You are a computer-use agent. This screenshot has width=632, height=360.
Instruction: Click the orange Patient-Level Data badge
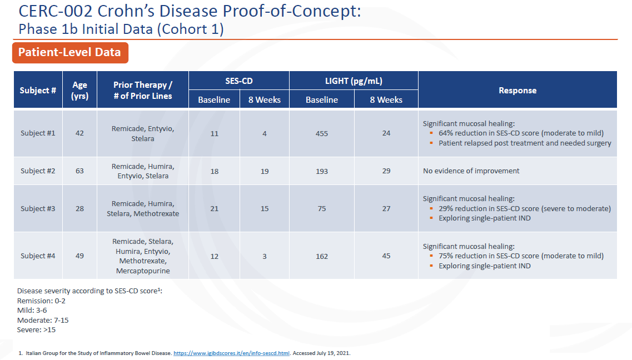(x=70, y=53)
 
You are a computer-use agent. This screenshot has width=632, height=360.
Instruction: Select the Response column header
(x=517, y=90)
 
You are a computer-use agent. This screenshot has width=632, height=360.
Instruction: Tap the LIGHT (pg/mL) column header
(x=354, y=81)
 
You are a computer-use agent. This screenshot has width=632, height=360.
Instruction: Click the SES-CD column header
(x=239, y=81)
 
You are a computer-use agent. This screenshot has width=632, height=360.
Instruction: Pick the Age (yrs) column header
(x=79, y=90)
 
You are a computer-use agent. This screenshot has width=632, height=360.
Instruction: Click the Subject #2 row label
(x=38, y=171)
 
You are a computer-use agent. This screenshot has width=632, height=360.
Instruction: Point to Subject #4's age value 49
(x=79, y=256)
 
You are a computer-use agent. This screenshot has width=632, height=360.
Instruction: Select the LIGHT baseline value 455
(x=321, y=133)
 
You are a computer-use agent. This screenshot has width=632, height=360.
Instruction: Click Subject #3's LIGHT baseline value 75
(x=321, y=209)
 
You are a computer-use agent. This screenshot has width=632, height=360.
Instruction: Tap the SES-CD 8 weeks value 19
(x=265, y=171)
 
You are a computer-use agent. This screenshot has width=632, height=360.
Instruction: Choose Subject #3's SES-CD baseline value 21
(x=215, y=209)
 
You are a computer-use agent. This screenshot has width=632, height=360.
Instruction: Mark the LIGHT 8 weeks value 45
(x=386, y=256)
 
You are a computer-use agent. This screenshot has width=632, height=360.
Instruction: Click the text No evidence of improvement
(x=471, y=171)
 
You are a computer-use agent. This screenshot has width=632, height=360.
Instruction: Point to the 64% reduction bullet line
(x=521, y=133)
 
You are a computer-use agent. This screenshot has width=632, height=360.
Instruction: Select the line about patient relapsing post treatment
(x=525, y=143)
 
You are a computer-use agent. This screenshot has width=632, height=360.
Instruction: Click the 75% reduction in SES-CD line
(x=521, y=256)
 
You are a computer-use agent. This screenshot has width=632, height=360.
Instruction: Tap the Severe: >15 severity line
(x=37, y=330)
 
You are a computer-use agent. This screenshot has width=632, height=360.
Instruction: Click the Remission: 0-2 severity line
(x=42, y=301)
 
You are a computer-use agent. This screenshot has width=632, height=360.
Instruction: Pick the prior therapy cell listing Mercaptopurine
(x=143, y=256)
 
